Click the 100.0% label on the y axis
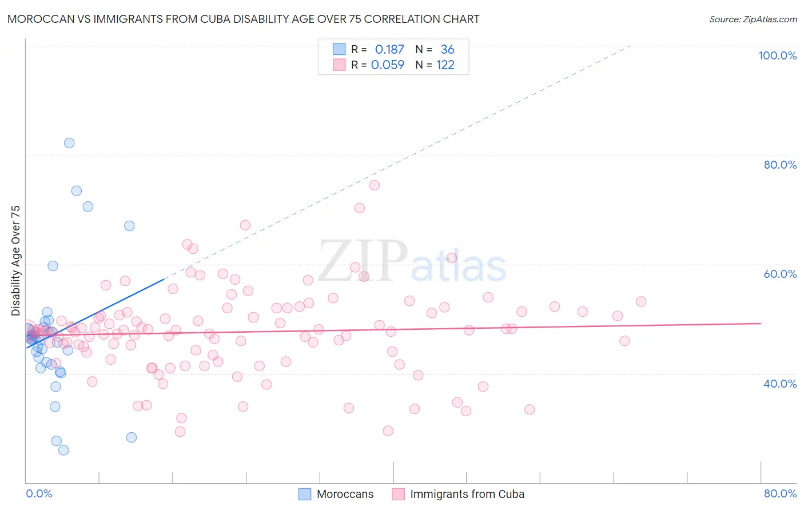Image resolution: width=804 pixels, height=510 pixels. click(777, 55)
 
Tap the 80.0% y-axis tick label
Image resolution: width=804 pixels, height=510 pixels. click(780, 165)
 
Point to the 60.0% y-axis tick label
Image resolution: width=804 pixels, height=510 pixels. click(780, 274)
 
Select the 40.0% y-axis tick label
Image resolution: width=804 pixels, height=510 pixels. click(780, 384)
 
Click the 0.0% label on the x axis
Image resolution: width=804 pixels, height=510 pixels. click(39, 493)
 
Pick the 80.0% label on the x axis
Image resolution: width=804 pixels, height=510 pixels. click(780, 493)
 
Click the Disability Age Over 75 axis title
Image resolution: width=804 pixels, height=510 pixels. click(15, 261)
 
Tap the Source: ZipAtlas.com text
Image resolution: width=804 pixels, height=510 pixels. click(753, 19)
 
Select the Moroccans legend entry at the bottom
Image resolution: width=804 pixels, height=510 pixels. click(345, 494)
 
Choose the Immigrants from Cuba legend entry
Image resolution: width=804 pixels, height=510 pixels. click(467, 494)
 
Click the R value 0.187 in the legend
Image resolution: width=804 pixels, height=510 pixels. click(389, 50)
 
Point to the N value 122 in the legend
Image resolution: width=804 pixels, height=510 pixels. click(445, 65)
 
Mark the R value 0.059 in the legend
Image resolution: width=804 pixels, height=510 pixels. click(388, 65)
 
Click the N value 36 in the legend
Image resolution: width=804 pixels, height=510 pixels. click(447, 50)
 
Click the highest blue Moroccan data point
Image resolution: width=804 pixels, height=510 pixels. click(69, 143)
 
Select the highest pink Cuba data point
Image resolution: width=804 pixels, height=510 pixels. click(375, 185)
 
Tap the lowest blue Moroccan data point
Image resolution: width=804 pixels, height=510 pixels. click(63, 450)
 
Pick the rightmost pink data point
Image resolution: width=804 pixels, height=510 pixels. click(641, 301)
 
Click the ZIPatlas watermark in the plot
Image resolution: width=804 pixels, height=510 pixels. click(412, 263)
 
